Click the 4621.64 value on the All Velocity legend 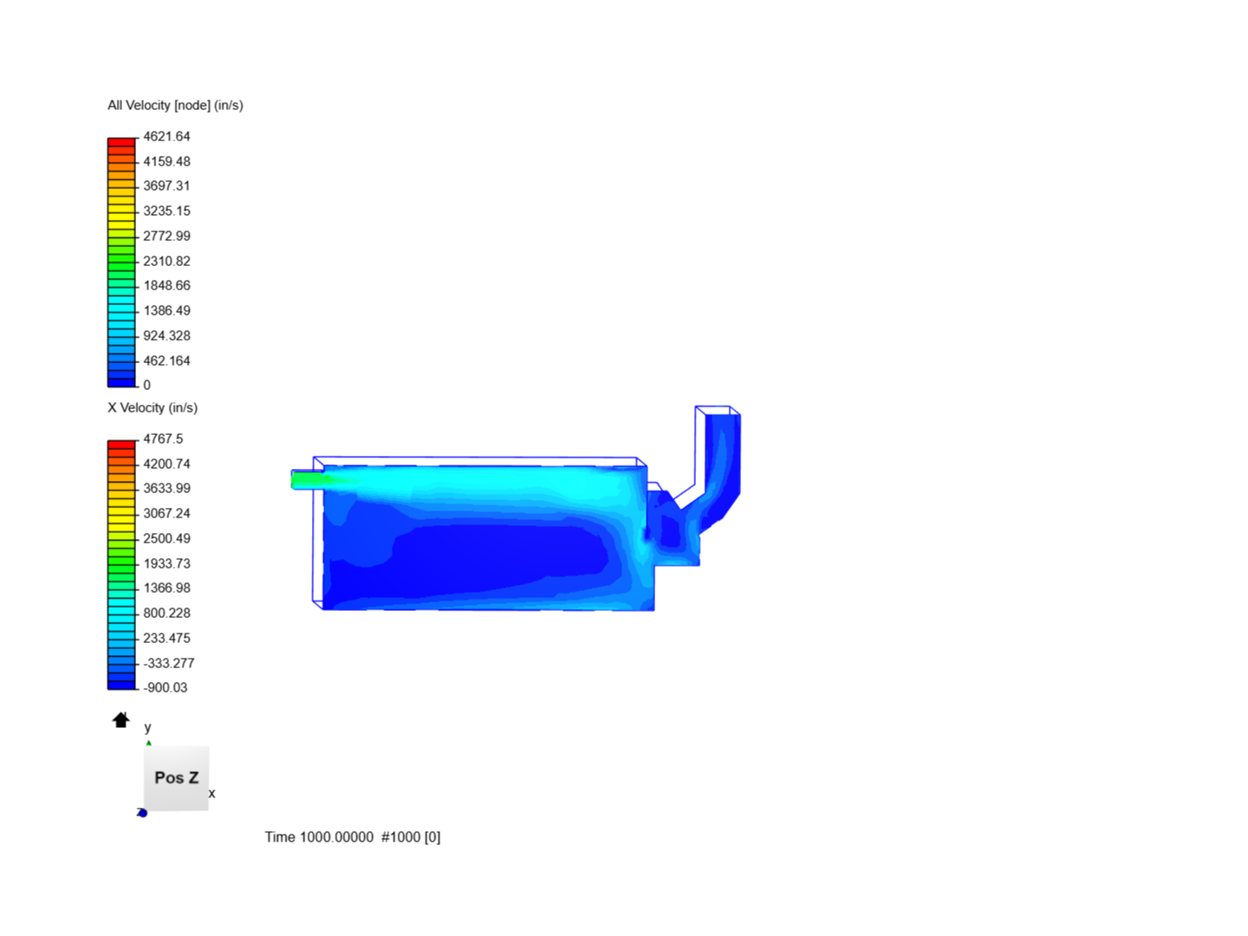(166, 136)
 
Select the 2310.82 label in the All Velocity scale (166, 261)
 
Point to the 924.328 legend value (166, 335)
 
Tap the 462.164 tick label (166, 361)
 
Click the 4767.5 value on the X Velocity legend (163, 439)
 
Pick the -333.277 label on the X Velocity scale (169, 663)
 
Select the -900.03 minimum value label (166, 687)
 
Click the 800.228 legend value (166, 613)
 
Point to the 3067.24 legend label (166, 513)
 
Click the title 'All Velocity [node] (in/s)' (175, 105)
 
